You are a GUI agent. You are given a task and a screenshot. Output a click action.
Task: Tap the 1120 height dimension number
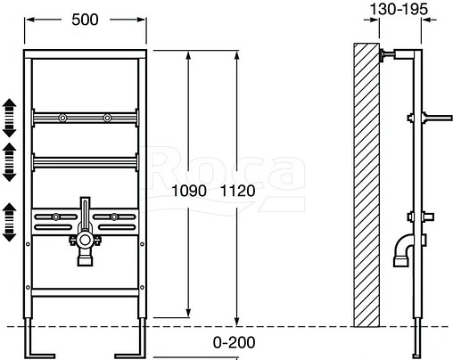(238, 190)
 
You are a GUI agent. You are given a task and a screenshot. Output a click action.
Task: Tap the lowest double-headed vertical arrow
(10, 222)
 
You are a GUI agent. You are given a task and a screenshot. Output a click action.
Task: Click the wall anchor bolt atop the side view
(388, 56)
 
